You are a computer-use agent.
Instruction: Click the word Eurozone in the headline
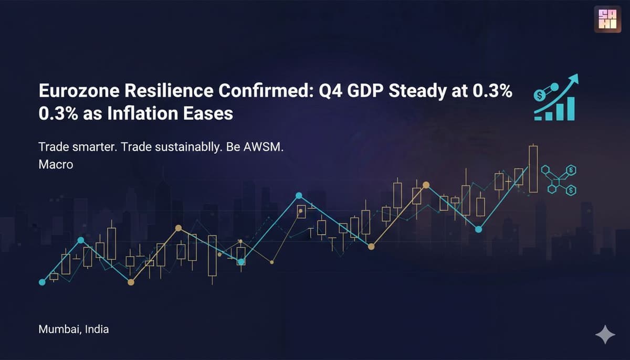pyautogui.click(x=79, y=91)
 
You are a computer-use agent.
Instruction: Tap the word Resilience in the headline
pyautogui.click(x=169, y=91)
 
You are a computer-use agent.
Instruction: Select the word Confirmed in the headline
pyautogui.click(x=265, y=91)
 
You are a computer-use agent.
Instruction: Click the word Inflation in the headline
pyautogui.click(x=142, y=113)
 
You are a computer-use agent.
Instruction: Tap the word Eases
pyautogui.click(x=208, y=113)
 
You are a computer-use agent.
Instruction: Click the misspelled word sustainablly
pyautogui.click(x=187, y=147)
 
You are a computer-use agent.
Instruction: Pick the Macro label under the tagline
pyautogui.click(x=56, y=164)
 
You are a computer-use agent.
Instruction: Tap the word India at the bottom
pyautogui.click(x=97, y=330)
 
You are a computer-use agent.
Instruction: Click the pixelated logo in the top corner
pyautogui.click(x=607, y=19)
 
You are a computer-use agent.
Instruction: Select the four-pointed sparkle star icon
pyautogui.click(x=605, y=334)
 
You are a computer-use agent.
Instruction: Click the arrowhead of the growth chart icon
pyautogui.click(x=573, y=79)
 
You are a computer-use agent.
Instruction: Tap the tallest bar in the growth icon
pyautogui.click(x=571, y=109)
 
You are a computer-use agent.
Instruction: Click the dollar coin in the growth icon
pyautogui.click(x=540, y=96)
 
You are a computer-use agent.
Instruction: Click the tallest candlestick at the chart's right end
pyautogui.click(x=533, y=169)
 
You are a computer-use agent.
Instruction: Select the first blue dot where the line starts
pyautogui.click(x=42, y=282)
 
